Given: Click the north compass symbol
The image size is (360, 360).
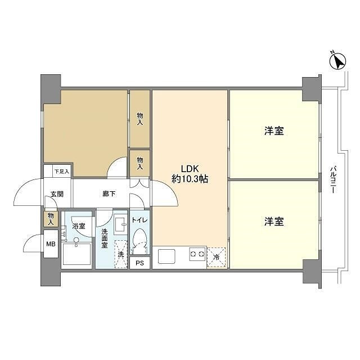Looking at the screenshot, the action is [x=337, y=61].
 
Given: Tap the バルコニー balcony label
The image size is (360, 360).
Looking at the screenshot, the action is [x=333, y=179].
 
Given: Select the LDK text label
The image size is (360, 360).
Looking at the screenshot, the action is [x=190, y=169].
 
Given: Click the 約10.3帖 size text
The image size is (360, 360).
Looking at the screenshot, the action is [x=190, y=179].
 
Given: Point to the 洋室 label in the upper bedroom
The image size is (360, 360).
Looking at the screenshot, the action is [x=274, y=131].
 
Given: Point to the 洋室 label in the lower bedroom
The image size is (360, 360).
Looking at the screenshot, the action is [x=274, y=222].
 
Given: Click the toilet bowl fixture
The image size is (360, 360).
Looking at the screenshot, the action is [x=139, y=241].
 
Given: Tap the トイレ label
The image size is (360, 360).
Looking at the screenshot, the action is [x=139, y=220].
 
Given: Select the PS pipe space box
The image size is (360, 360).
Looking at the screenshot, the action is [x=139, y=263].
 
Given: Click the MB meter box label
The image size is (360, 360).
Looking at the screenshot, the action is [x=51, y=244].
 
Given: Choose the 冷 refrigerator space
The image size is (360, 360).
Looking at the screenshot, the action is [x=216, y=258].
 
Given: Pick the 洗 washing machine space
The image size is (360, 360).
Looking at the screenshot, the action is [x=120, y=254].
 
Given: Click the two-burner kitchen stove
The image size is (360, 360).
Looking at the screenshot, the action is [x=197, y=254].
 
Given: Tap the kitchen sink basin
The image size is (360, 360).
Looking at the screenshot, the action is [x=166, y=256].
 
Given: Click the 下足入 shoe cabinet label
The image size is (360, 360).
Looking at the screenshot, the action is [x=61, y=171].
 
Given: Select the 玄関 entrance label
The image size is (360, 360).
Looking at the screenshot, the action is [x=57, y=194].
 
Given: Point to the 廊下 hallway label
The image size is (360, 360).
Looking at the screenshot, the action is [x=109, y=193].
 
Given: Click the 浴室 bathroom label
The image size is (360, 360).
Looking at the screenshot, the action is [x=79, y=226].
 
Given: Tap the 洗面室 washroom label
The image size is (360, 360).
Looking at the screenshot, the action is [x=105, y=238].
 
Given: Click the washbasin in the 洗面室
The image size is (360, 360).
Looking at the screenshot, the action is [x=120, y=224].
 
